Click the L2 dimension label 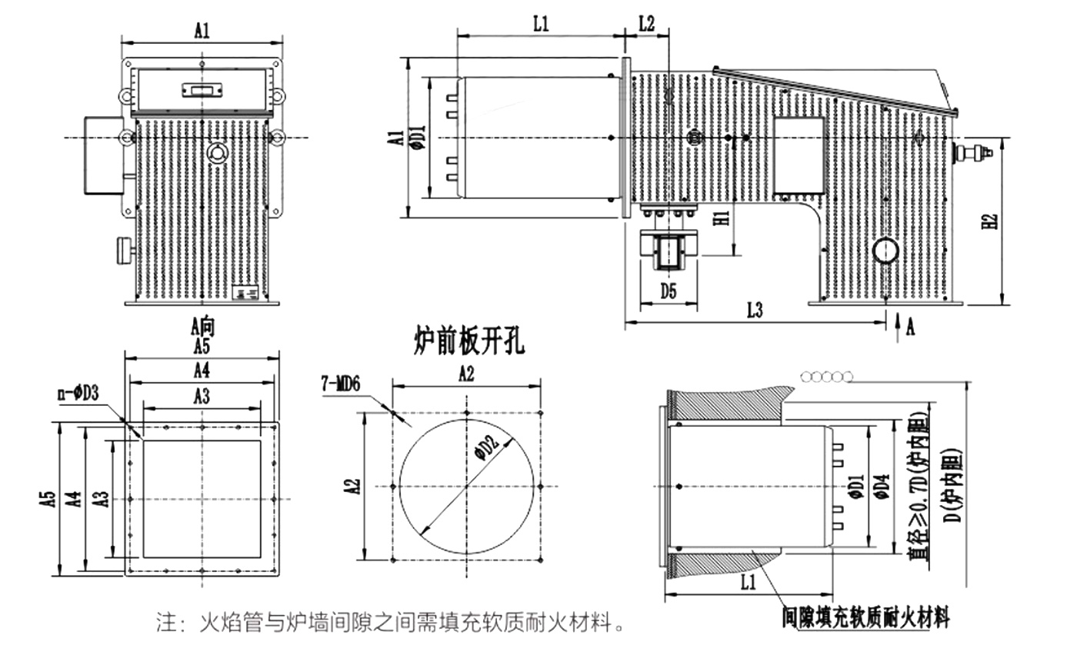646,23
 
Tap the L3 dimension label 755,311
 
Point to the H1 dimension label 721,218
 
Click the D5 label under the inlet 669,291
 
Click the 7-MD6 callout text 341,384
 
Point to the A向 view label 202,327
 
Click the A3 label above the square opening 202,397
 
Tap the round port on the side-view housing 885,250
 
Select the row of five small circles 827,376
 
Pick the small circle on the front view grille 215,152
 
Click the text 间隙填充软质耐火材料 865,617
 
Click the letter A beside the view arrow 911,328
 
